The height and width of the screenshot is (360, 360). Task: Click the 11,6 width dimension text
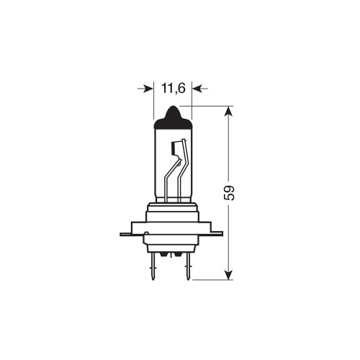coord(171,89)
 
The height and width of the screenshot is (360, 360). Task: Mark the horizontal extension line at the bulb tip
coord(209,106)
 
